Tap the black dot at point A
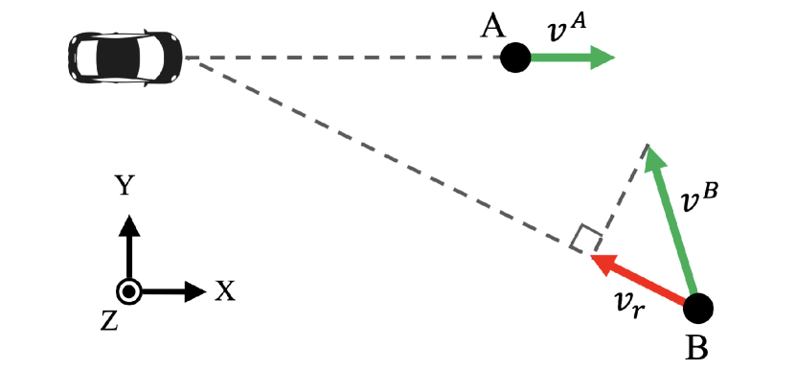[x=514, y=58]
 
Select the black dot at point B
[x=698, y=308]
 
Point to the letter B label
[x=697, y=348]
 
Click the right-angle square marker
[x=582, y=240]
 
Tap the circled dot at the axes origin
[x=129, y=291]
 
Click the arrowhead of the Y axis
[x=129, y=224]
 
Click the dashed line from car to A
[x=345, y=58]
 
